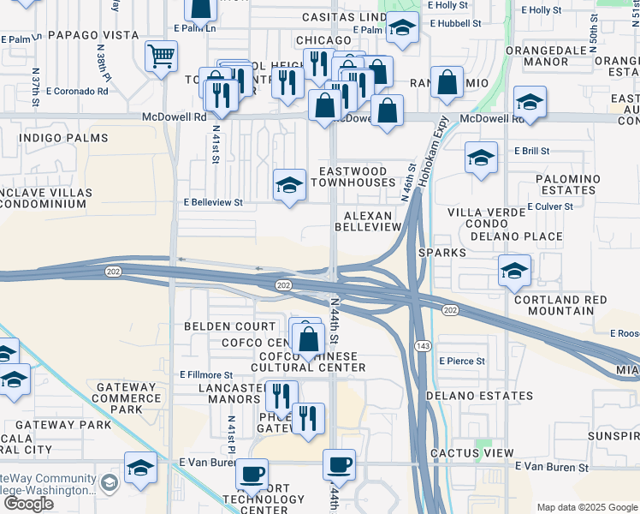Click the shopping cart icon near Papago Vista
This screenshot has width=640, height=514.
tap(161, 57)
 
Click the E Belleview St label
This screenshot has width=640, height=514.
tap(214, 203)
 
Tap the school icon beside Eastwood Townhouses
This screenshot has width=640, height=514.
tap(289, 185)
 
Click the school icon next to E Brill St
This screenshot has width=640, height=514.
tap(481, 158)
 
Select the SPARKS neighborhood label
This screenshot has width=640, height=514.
tap(442, 254)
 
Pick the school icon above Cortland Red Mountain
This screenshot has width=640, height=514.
tap(514, 272)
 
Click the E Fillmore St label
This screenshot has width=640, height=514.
tap(206, 375)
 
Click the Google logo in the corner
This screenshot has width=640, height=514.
tap(28, 504)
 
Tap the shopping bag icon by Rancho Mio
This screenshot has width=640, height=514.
tap(447, 83)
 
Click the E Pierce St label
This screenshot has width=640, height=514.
tap(461, 362)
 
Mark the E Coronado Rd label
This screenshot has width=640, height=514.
tap(76, 92)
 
